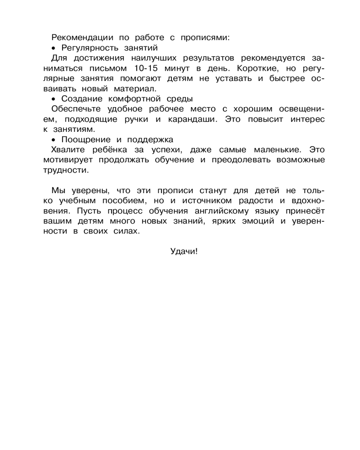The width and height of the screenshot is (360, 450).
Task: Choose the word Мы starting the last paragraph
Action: click(x=58, y=190)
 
